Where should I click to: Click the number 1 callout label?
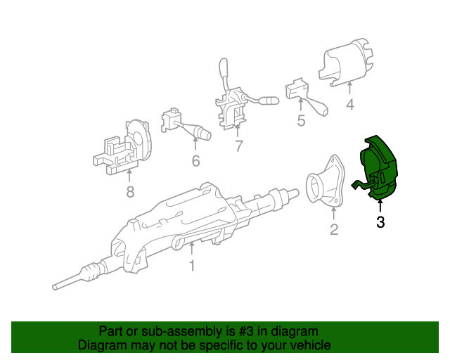[x=191, y=266]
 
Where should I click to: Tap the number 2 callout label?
[x=334, y=229]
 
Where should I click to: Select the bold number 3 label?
[x=380, y=223]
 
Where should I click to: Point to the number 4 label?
[x=349, y=105]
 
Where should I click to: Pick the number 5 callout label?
[x=301, y=120]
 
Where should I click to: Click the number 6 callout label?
[x=195, y=161]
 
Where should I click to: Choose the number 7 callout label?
[x=238, y=146]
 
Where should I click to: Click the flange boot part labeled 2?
[x=326, y=186]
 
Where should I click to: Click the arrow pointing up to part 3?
[x=380, y=206]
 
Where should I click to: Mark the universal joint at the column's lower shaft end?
[x=91, y=271]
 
